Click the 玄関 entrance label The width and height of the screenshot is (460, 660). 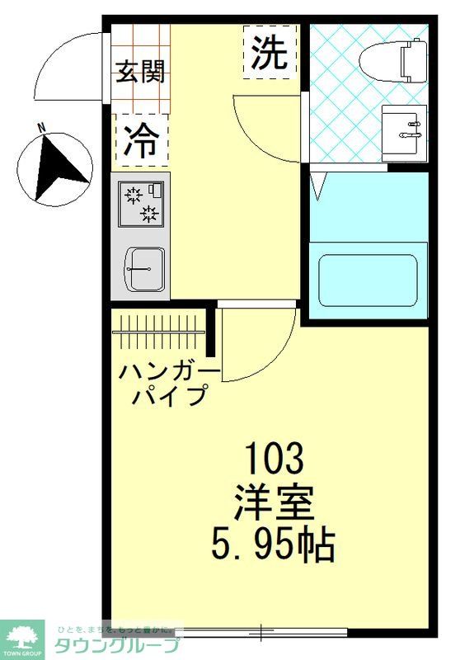[x=140, y=73]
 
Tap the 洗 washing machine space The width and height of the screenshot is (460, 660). [x=270, y=52]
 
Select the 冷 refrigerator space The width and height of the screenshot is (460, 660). [x=141, y=140]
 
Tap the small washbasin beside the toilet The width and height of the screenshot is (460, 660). [x=405, y=130]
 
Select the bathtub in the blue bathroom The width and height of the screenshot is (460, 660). [x=368, y=279]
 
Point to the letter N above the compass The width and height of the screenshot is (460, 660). [x=41, y=128]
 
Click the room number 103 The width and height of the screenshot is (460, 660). [x=276, y=455]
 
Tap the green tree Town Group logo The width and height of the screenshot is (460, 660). [x=22, y=637]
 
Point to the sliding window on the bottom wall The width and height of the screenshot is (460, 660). [x=261, y=633]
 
